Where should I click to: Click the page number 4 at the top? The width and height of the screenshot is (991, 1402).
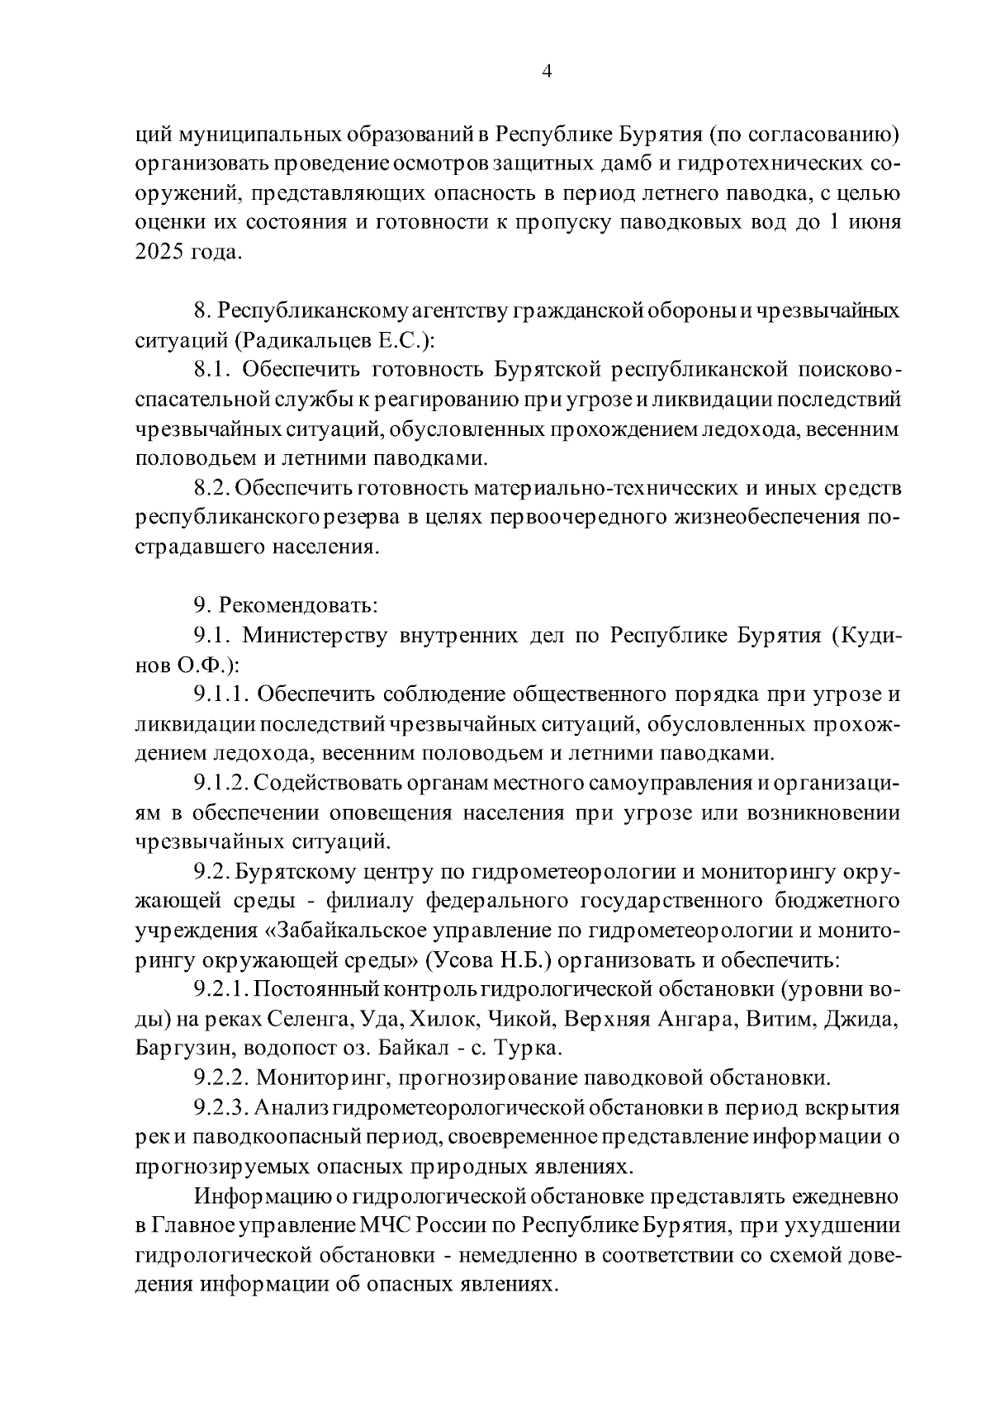click(546, 71)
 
